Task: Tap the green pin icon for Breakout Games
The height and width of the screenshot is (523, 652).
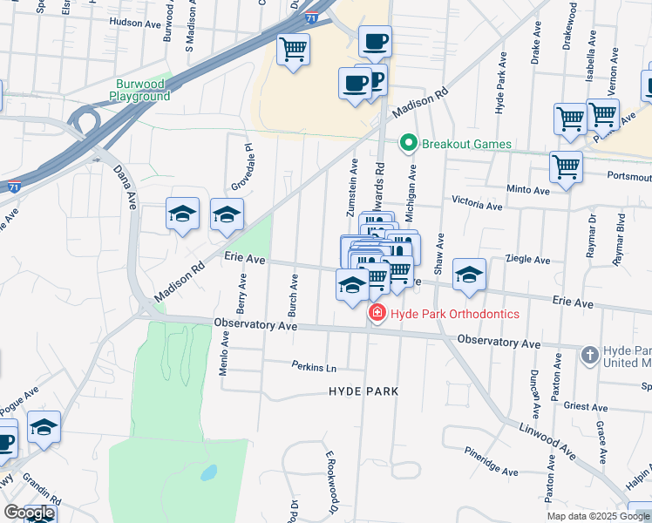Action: (407, 143)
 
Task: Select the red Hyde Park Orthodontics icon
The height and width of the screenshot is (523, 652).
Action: (377, 314)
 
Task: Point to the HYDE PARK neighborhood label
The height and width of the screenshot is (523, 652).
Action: (363, 391)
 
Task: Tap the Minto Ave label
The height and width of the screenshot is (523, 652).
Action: (528, 189)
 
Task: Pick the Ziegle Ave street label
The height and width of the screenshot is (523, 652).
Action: (529, 260)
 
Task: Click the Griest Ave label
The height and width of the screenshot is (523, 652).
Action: (586, 405)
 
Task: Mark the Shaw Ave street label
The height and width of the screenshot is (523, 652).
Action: (439, 250)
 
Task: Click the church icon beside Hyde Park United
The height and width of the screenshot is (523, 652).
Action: (590, 354)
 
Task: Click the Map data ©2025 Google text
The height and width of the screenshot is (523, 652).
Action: (598, 516)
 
